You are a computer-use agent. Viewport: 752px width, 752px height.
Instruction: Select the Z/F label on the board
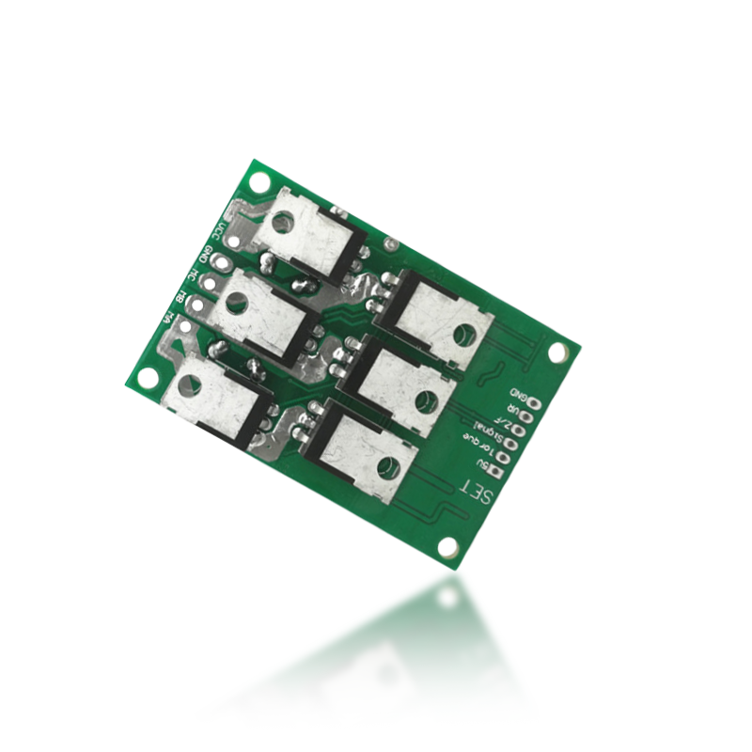[505, 416]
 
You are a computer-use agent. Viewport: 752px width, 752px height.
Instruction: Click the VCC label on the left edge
[219, 232]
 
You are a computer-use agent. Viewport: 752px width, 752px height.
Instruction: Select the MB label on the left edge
[180, 297]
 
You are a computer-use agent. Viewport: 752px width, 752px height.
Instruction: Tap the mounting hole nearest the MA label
[148, 377]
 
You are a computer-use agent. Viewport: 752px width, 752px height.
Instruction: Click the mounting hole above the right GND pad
[557, 352]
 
